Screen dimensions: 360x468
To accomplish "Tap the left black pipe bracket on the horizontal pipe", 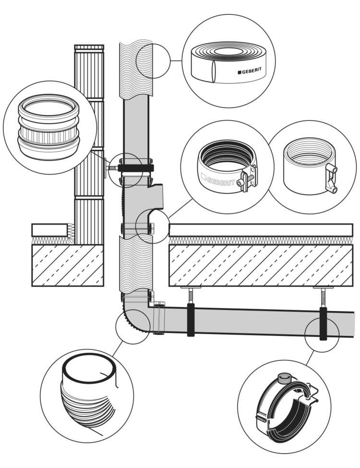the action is click(191, 320).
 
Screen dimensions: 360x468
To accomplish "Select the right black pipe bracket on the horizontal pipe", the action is click(323, 324).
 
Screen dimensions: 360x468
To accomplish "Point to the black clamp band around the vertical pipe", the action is click(136, 168).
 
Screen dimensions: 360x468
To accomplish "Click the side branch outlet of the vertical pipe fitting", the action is click(156, 196).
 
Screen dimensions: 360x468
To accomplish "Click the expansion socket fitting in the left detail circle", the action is click(48, 128).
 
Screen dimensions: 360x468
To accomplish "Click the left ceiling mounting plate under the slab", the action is click(191, 288).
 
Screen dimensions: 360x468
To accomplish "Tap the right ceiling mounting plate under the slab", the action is click(323, 288).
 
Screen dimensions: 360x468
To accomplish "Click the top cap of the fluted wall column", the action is click(89, 48).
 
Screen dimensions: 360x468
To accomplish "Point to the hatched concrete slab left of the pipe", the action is click(68, 265).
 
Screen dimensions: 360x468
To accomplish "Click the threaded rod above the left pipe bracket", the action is click(191, 296).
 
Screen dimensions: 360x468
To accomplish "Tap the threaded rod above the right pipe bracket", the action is click(323, 298).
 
